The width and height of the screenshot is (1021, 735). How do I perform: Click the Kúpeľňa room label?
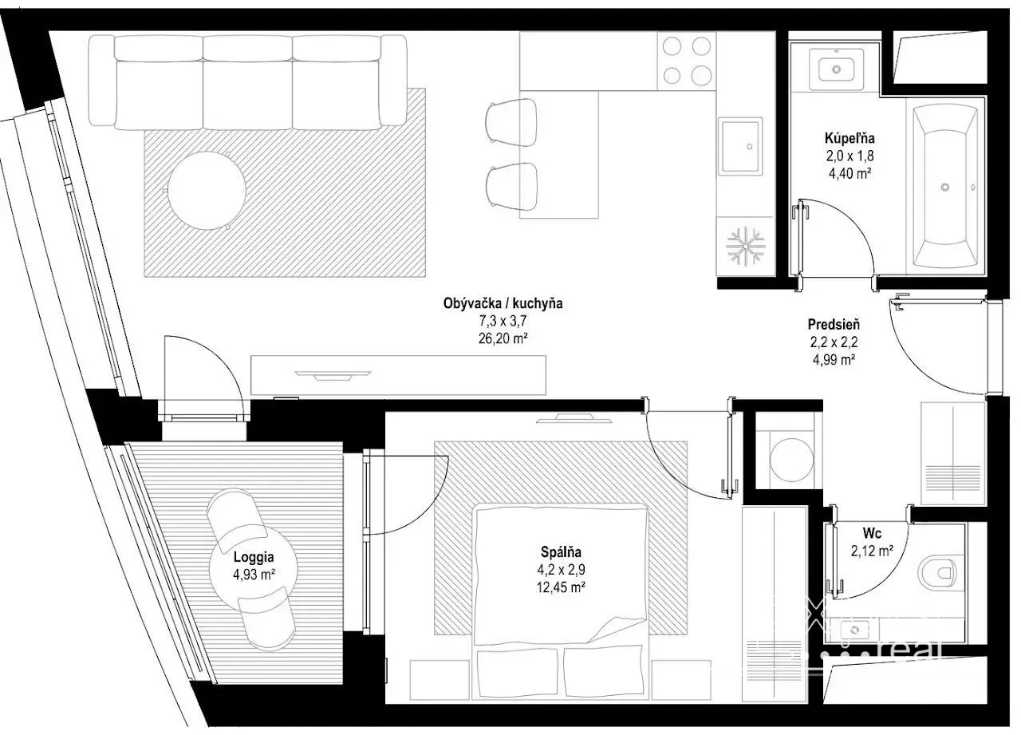[x=850, y=138]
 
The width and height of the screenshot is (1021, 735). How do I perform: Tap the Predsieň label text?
[x=834, y=325]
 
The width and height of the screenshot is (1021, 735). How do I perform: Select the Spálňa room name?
[x=561, y=552]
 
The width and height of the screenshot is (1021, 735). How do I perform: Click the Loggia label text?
[x=254, y=557]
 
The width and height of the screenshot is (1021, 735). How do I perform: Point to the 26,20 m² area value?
[x=503, y=338]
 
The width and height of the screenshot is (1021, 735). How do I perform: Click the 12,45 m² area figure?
[x=561, y=587]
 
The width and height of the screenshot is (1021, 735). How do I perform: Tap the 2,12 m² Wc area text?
[x=872, y=551]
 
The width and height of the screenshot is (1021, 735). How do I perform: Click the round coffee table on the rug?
[x=207, y=191]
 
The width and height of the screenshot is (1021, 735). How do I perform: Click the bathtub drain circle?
[x=945, y=187]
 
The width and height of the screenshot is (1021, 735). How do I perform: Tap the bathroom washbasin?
[x=837, y=69]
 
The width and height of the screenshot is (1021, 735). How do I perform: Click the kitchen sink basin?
[x=739, y=146]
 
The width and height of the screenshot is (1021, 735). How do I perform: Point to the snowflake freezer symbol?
[x=745, y=246]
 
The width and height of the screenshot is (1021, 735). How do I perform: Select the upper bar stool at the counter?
[x=511, y=122]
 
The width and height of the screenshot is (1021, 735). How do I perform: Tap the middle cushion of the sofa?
[x=247, y=84]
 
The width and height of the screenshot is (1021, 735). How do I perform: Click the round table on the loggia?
[x=254, y=568]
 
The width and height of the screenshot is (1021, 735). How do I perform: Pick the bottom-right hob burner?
[x=701, y=75]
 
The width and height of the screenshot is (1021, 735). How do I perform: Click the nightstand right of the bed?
[x=681, y=680]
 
